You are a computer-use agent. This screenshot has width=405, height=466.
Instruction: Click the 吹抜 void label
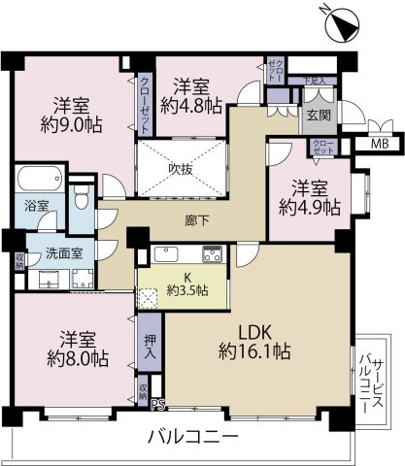182,167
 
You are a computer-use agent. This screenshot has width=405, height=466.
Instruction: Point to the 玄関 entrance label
318,113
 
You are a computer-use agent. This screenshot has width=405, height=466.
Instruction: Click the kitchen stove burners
213,255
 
